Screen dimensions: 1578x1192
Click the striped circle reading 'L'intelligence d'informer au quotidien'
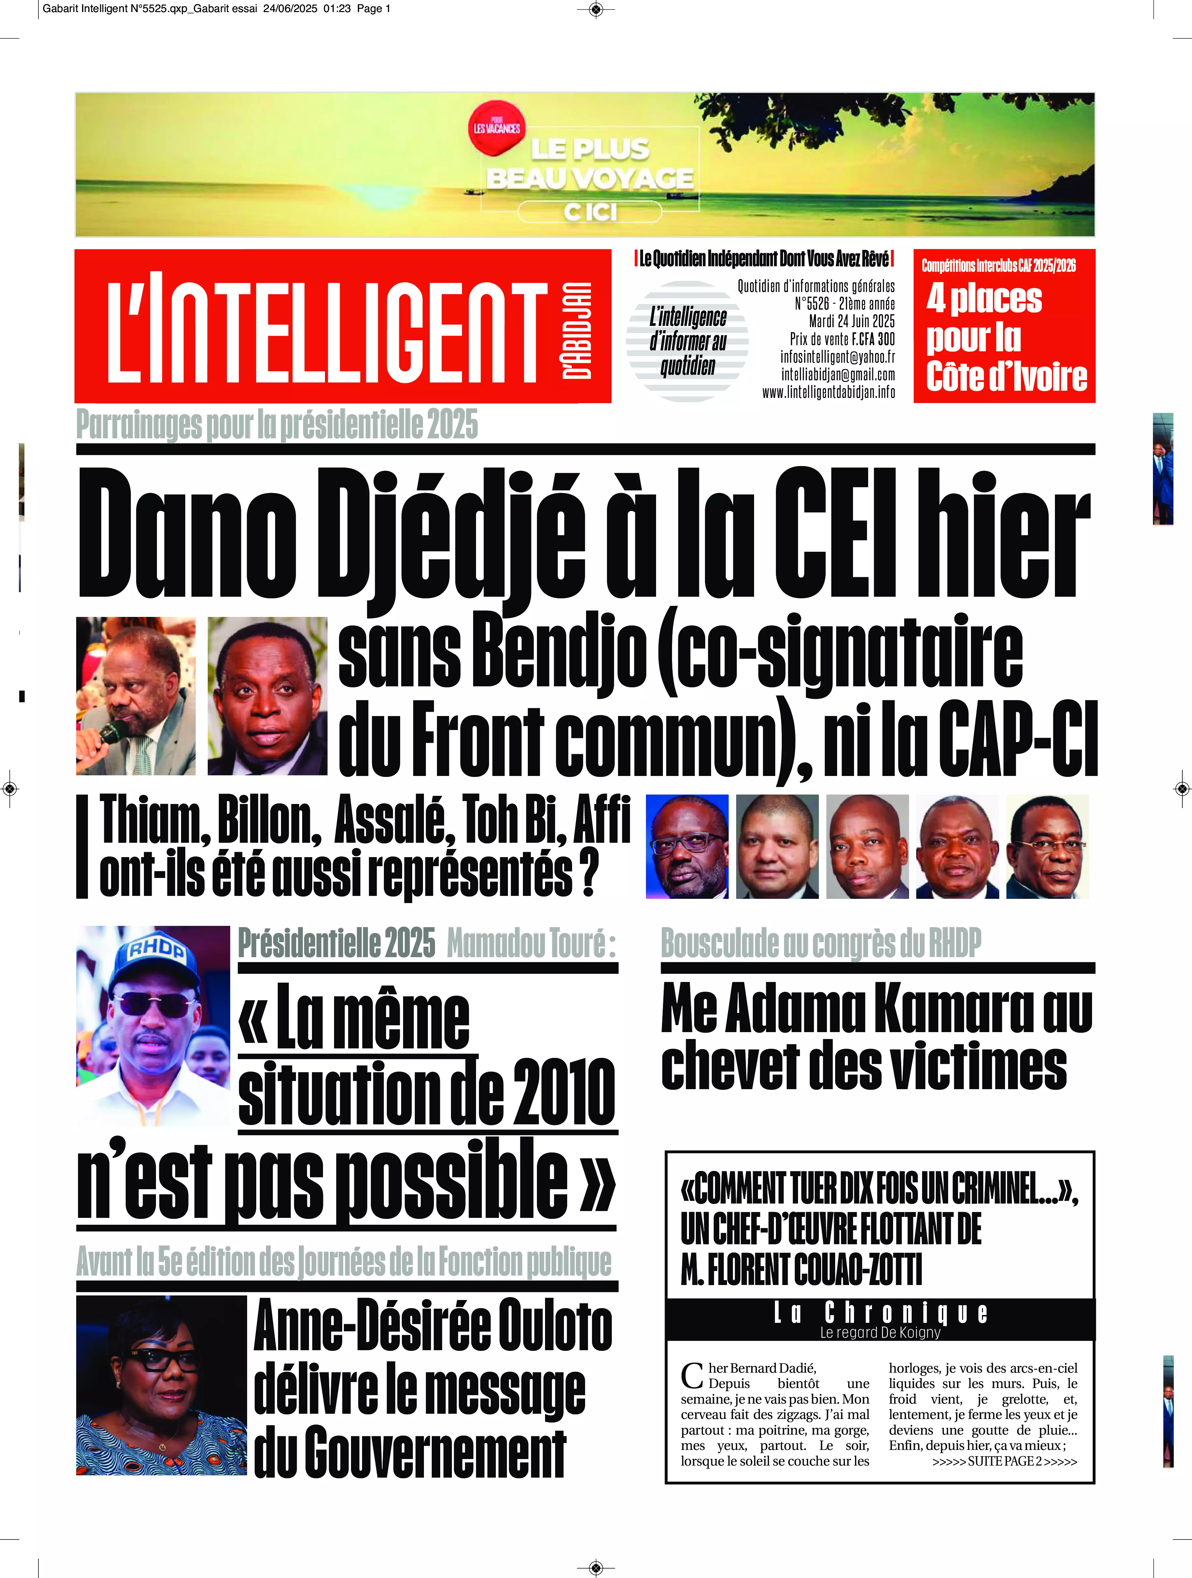point(687,341)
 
